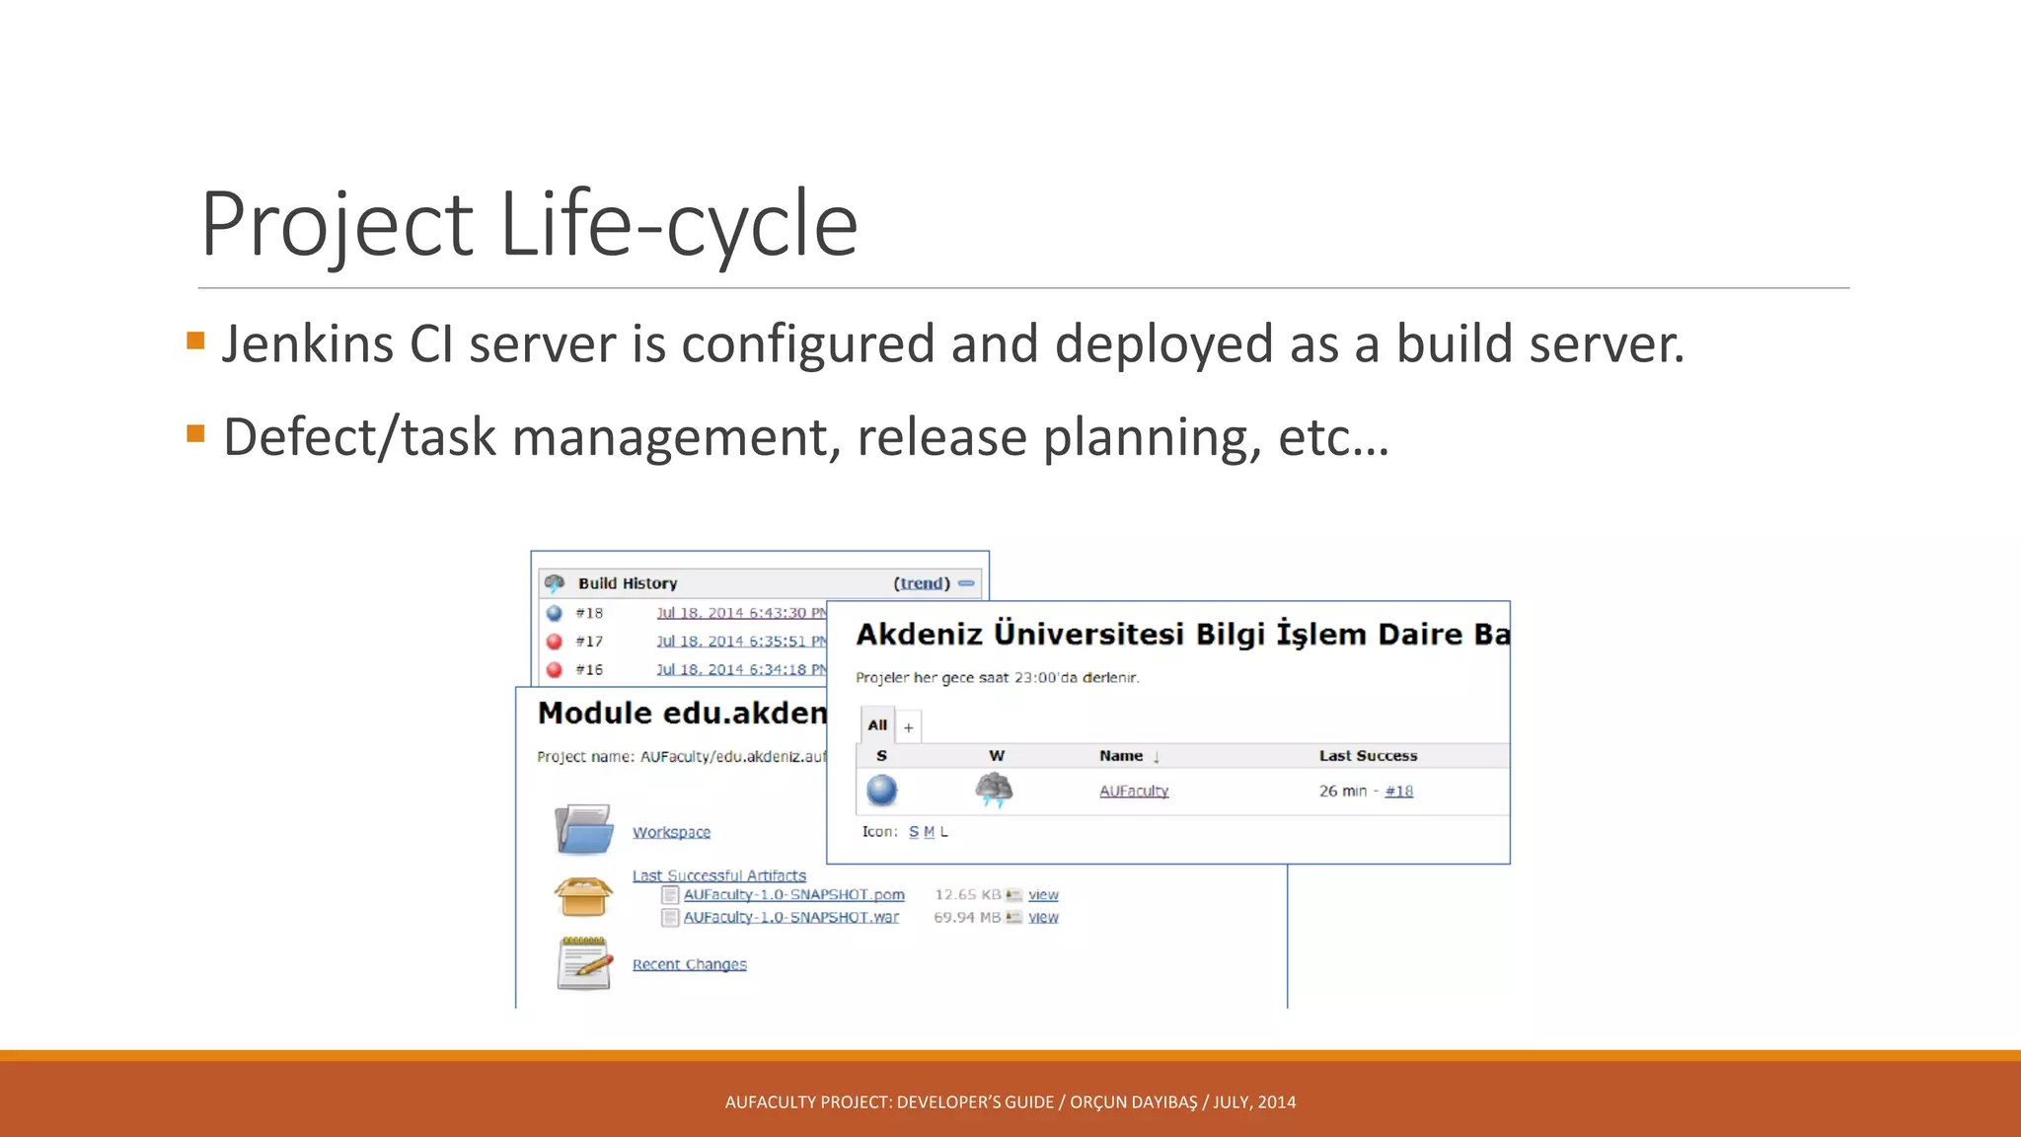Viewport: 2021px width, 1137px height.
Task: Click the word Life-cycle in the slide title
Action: coord(679,224)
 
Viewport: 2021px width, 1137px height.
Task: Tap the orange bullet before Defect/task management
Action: coord(195,433)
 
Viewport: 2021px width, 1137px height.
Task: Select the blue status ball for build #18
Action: coord(555,613)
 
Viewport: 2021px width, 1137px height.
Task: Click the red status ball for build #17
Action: coord(555,642)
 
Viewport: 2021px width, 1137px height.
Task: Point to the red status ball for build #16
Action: coord(555,670)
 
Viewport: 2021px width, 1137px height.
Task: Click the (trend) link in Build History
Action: coord(922,583)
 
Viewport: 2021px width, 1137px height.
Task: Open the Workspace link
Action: coord(671,832)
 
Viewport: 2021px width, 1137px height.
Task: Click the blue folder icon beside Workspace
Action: coord(583,829)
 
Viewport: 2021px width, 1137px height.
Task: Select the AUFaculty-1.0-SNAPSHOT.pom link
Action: coord(793,894)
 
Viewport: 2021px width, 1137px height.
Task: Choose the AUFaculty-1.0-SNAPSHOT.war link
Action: coord(790,917)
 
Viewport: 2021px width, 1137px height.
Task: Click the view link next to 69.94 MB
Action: coord(1043,917)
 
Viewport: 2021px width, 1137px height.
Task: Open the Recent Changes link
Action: coord(689,964)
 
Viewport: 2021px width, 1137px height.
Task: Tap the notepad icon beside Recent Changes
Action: coord(583,962)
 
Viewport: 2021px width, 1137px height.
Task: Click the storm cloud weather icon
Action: coord(994,790)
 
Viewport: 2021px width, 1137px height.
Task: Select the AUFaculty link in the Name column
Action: coord(1134,791)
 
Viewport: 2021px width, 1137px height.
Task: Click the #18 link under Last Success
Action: coord(1398,791)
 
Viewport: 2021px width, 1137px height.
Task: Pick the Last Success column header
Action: coord(1368,756)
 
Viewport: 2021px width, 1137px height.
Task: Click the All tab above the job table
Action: coord(877,725)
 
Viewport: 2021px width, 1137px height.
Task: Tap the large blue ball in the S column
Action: coord(881,790)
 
